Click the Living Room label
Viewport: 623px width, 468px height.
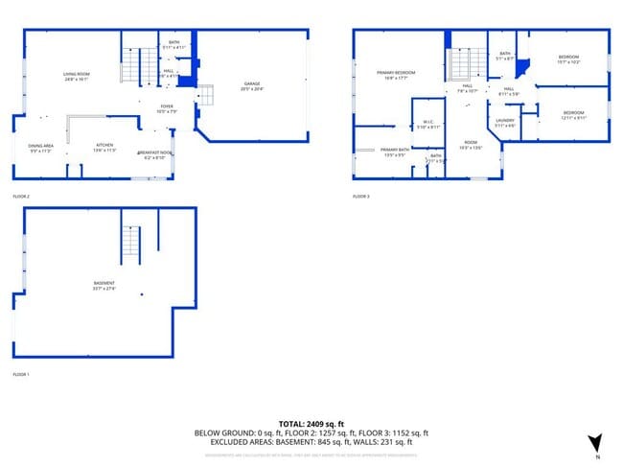coord(76,76)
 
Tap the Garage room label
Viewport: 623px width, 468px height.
coord(252,86)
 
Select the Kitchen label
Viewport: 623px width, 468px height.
coord(104,148)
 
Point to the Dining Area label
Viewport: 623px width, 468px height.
coord(40,148)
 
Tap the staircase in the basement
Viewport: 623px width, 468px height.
coord(131,246)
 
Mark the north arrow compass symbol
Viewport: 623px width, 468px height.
coord(594,443)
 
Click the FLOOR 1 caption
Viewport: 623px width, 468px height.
coord(21,373)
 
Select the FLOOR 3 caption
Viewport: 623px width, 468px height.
coord(361,196)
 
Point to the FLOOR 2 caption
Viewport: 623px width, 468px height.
coord(21,196)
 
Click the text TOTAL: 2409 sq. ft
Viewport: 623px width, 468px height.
coord(311,423)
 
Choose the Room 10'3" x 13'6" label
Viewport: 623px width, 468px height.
coord(469,145)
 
